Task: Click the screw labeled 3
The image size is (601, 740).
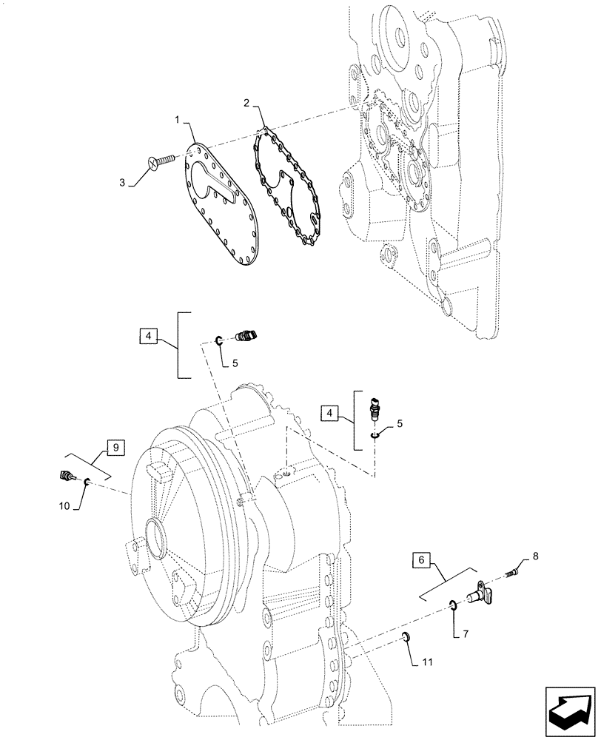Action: pyautogui.click(x=160, y=159)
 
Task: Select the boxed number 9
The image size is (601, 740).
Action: pyautogui.click(x=115, y=447)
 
